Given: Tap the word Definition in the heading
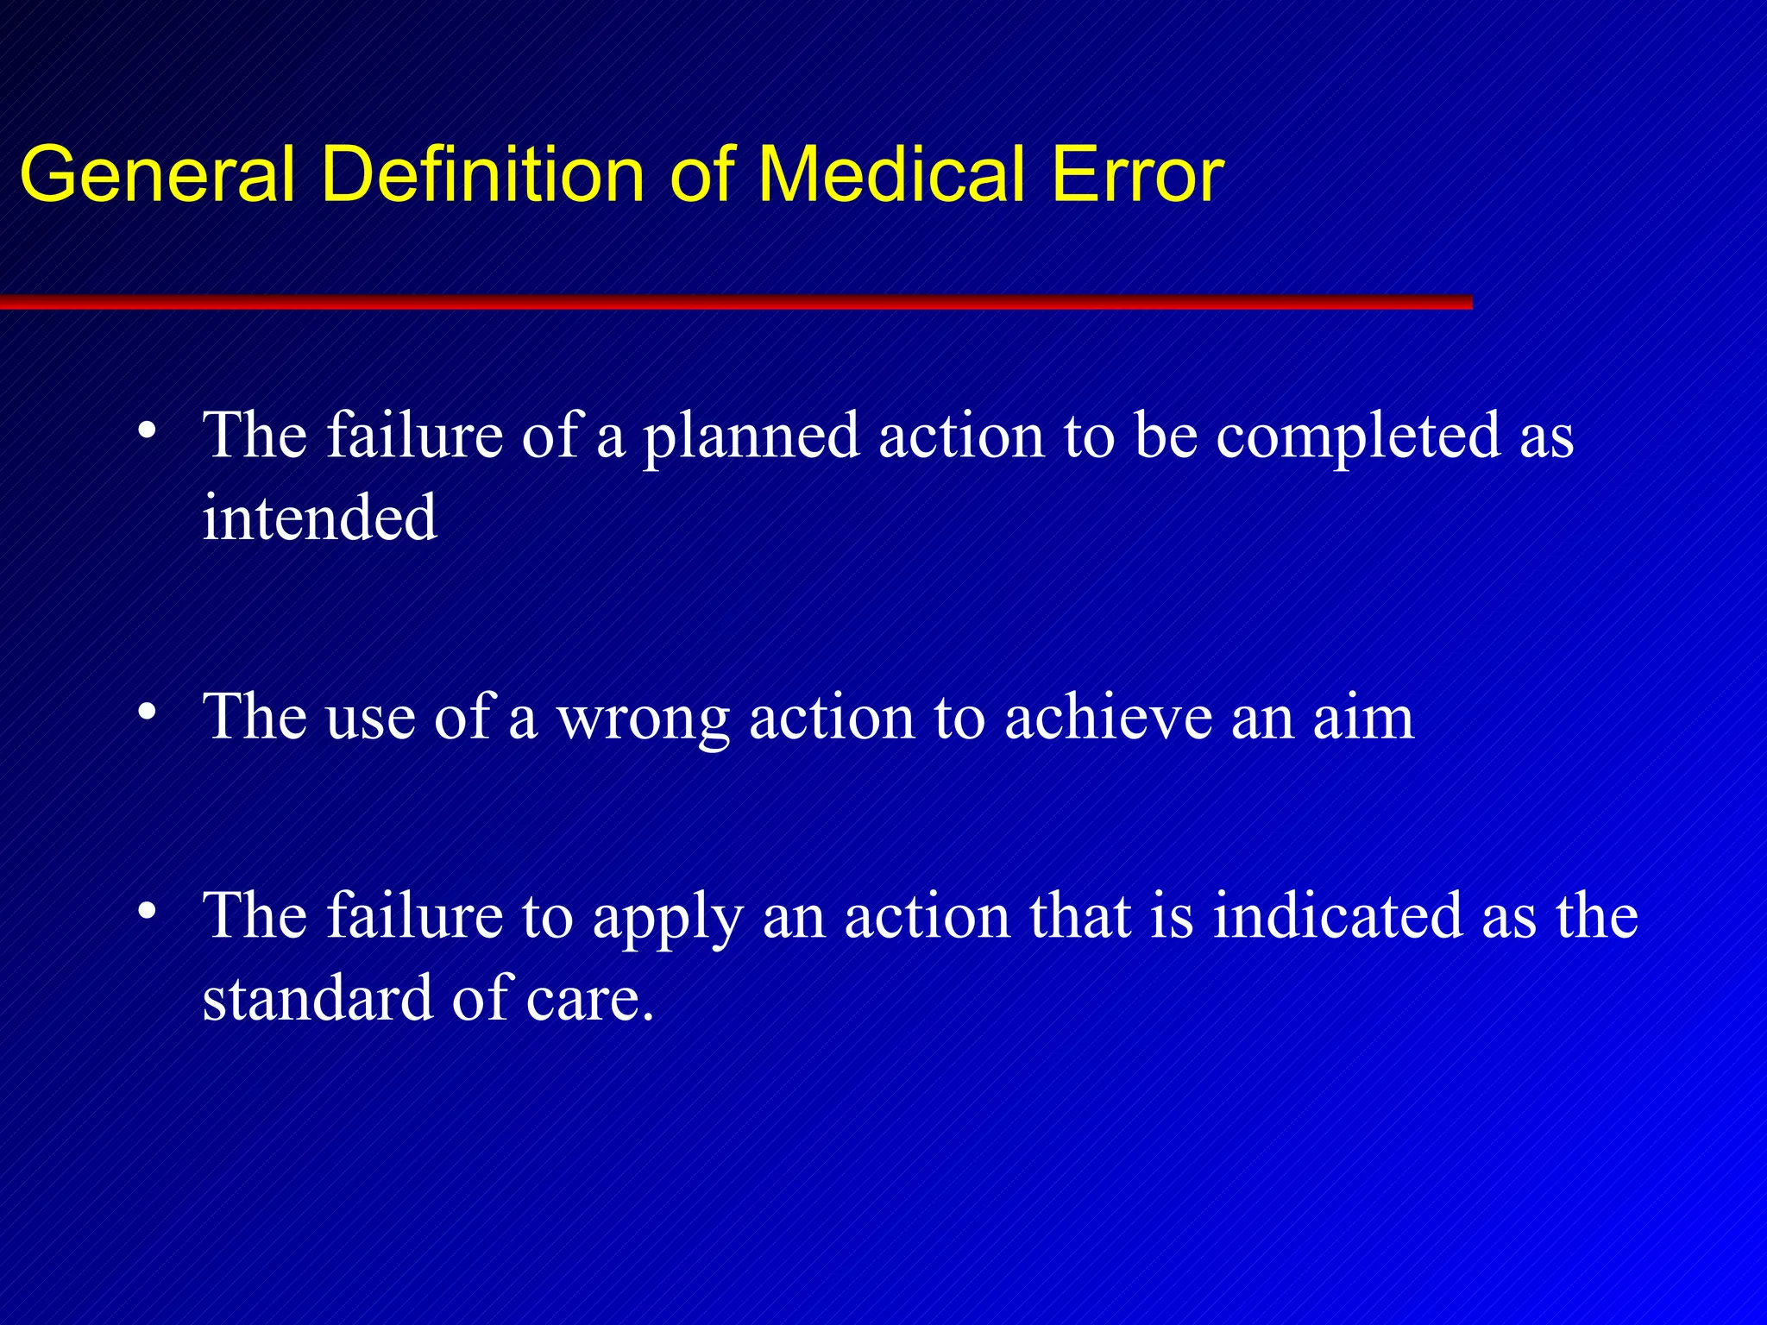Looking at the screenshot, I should tap(483, 175).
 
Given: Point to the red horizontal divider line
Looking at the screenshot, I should tap(733, 302).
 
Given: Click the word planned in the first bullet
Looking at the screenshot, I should tap(751, 436).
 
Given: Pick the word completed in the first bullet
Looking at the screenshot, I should tap(1358, 436).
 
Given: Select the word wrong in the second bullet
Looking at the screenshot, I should tap(644, 719).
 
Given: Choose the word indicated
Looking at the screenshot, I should tap(1337, 915).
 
